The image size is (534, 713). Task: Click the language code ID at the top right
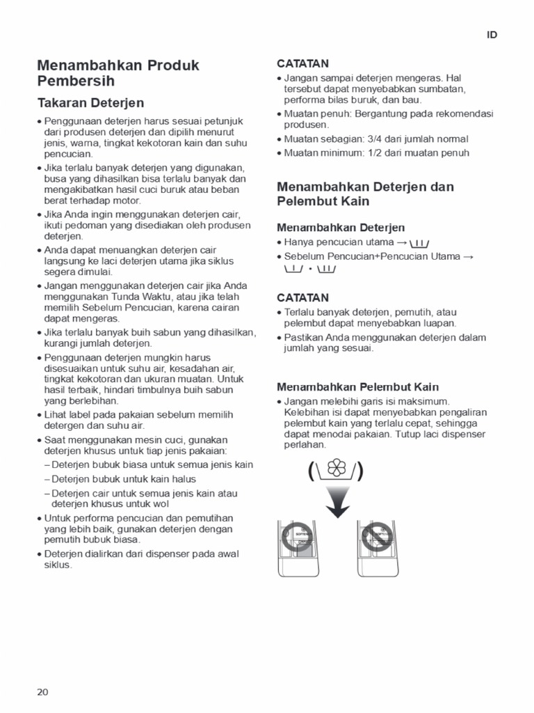pos(492,36)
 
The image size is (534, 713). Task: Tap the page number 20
pos(43,691)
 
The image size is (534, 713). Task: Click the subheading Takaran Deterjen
pos(90,103)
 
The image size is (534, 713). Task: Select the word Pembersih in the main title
pos(75,81)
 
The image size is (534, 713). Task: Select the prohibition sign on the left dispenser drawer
pos(296,538)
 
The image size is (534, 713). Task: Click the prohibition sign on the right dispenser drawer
pos(378,538)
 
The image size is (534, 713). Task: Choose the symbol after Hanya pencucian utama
pos(419,243)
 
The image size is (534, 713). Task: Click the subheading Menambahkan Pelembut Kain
pos(357,386)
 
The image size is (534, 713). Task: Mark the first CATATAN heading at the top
pos(302,63)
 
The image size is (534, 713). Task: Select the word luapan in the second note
pos(441,323)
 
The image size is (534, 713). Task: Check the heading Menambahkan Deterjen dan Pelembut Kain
pos(365,194)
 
